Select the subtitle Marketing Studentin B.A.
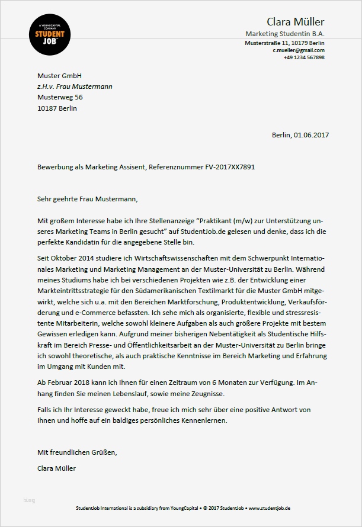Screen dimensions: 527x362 285,34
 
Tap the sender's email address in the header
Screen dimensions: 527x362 299,51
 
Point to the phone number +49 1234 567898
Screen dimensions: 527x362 304,57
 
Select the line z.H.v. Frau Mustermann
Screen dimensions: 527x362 75,86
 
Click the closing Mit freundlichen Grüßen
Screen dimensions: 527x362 77,452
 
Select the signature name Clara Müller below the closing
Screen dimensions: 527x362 56,468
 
